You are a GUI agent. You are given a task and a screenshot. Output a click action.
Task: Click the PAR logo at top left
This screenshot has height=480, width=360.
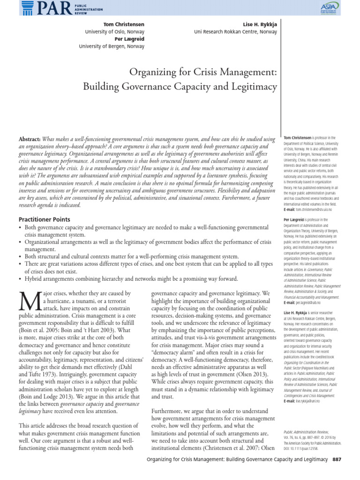(35, 8)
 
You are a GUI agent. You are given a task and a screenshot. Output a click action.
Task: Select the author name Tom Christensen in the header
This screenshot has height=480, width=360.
(123, 23)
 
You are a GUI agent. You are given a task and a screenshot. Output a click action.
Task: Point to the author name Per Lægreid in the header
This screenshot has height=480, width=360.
(127, 39)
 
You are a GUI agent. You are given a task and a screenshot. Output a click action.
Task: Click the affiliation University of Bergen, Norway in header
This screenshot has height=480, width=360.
(112, 46)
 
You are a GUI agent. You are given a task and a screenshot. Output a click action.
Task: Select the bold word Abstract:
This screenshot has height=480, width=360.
(30, 139)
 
